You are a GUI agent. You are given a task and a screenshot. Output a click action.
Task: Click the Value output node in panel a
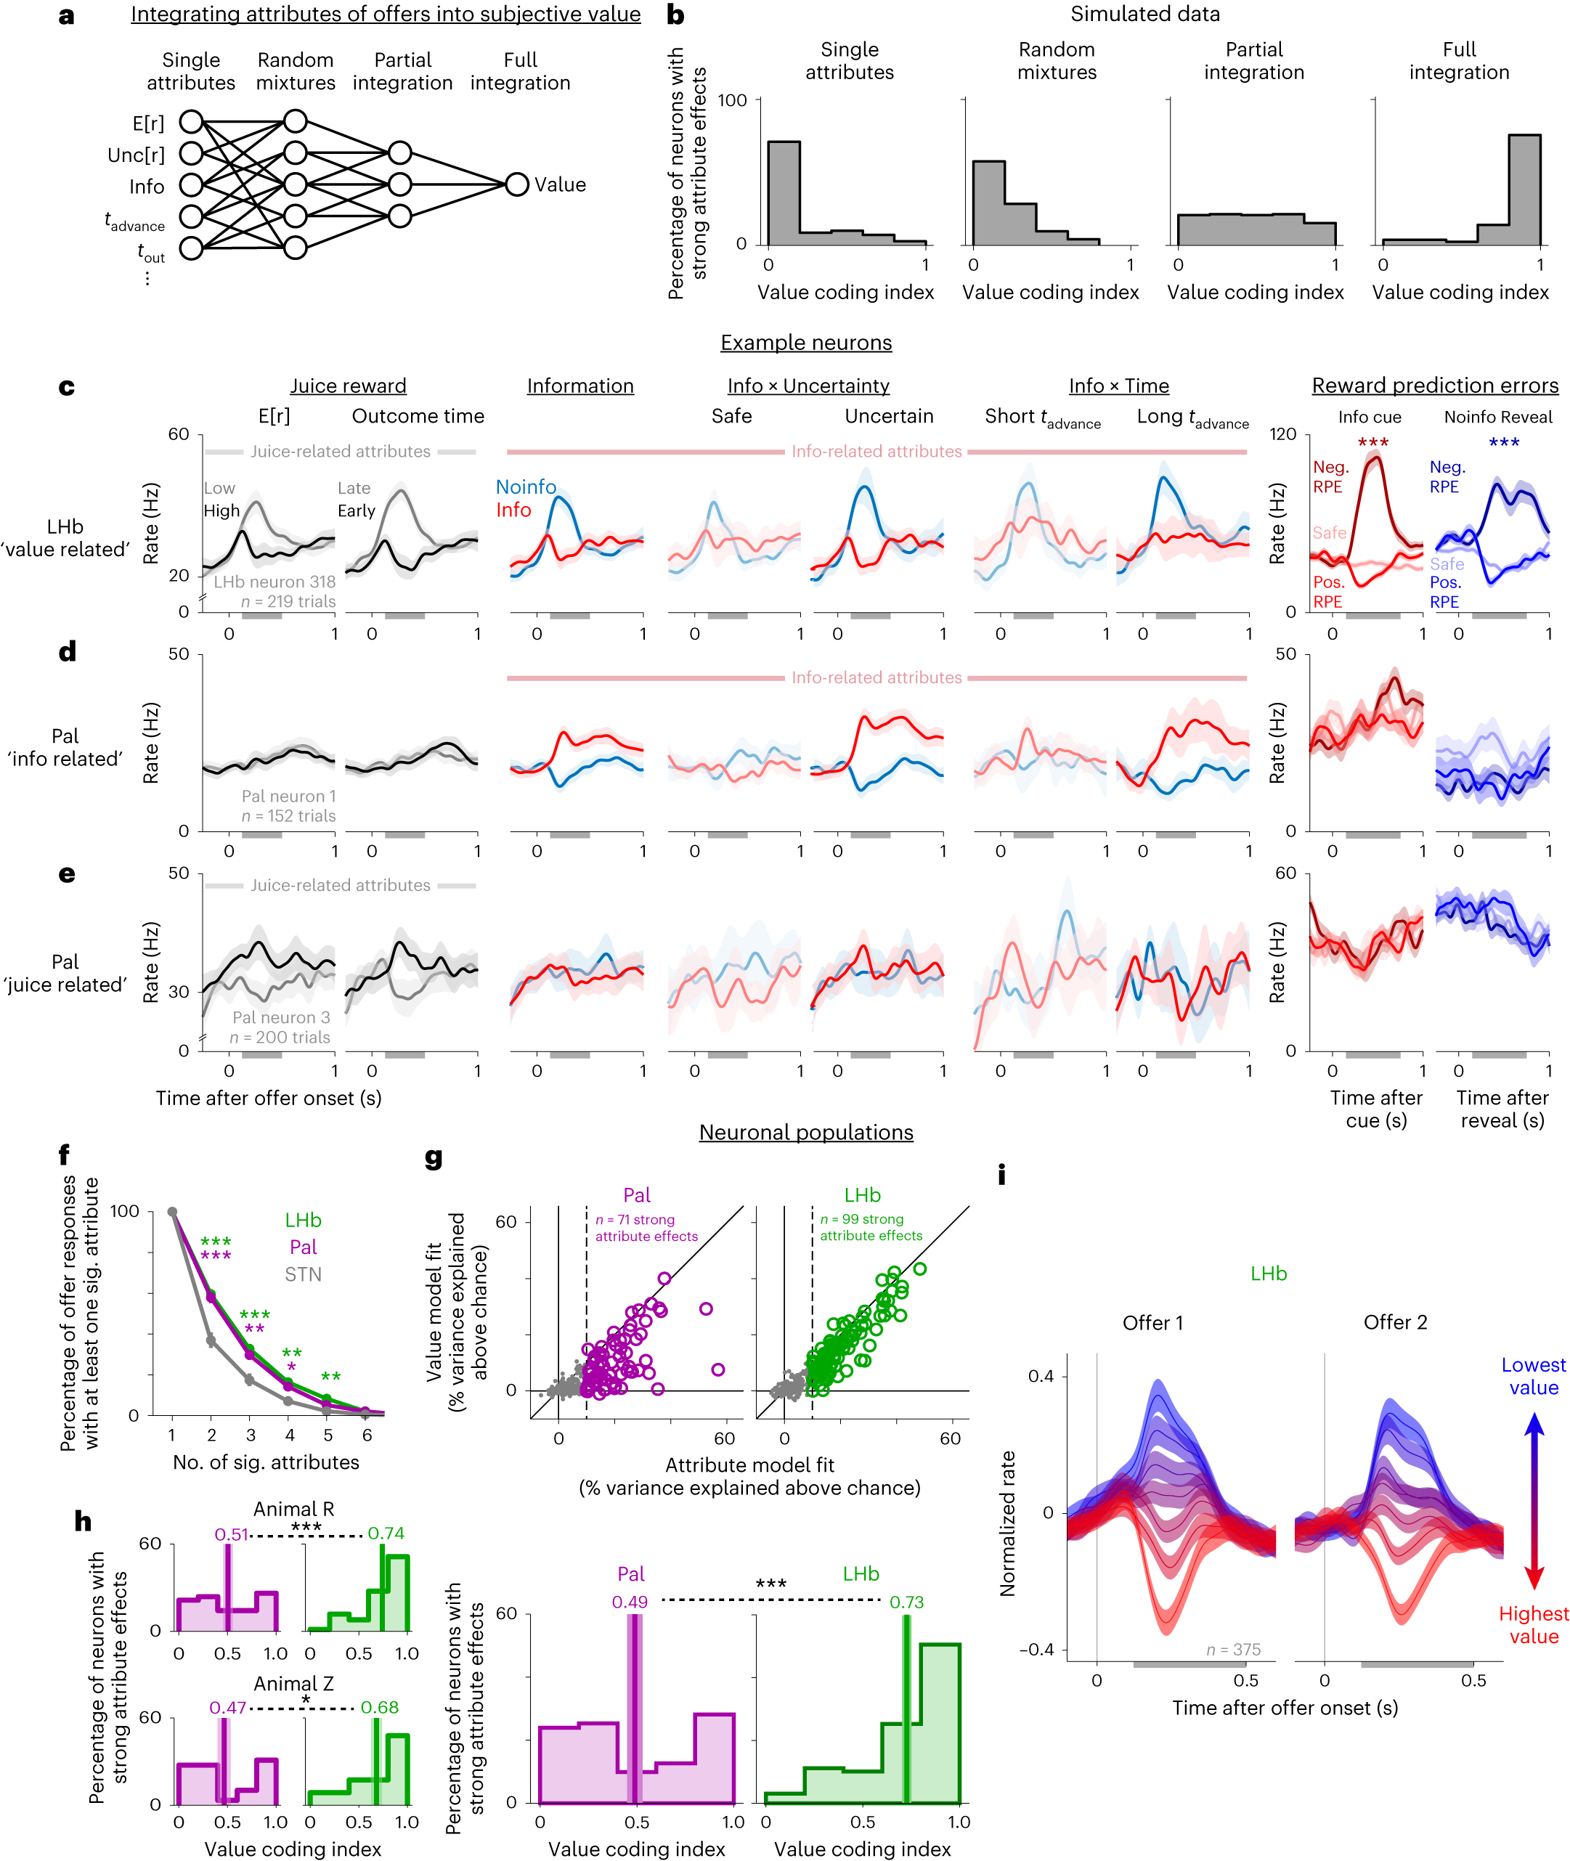[x=516, y=185]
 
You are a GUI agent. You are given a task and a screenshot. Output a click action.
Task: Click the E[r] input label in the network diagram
[x=147, y=123]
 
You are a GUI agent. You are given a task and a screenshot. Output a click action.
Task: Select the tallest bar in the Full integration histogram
[x=1524, y=190]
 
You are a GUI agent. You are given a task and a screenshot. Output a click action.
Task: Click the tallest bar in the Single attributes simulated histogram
[x=784, y=192]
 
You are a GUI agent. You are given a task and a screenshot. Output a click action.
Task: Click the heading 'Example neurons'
[x=805, y=343]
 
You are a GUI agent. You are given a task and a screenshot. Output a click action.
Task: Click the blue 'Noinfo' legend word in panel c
[x=525, y=486]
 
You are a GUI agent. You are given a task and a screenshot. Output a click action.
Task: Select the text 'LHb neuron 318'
[x=274, y=581]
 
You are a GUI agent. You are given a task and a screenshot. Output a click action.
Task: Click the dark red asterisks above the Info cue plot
[x=1372, y=442]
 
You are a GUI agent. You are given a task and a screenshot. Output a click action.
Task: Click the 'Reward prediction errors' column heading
[x=1435, y=386]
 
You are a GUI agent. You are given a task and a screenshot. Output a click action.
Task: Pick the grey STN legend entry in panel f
[x=303, y=1274]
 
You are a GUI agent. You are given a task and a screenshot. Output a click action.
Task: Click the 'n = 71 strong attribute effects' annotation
[x=646, y=1227]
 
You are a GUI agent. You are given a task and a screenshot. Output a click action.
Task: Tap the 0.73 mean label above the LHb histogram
[x=906, y=1602]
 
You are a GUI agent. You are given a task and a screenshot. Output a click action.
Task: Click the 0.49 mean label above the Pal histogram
[x=630, y=1602]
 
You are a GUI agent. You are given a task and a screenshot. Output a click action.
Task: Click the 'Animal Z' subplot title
[x=293, y=1683]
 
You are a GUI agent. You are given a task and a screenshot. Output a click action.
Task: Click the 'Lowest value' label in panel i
[x=1533, y=1376]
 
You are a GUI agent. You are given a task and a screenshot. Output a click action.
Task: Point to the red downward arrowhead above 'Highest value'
[x=1534, y=1579]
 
